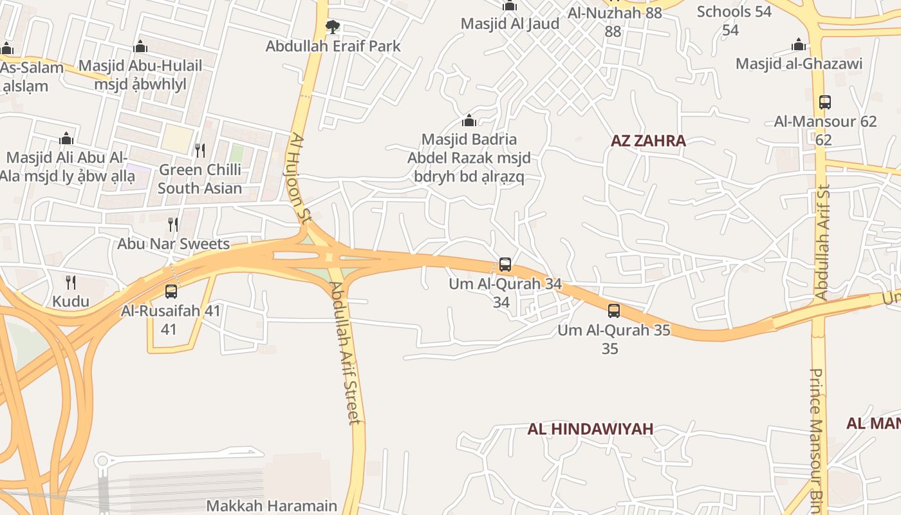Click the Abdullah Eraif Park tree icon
[x=332, y=27]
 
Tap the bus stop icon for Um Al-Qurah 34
[x=505, y=265]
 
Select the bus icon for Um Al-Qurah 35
[x=614, y=311]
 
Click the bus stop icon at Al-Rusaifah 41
[x=171, y=292]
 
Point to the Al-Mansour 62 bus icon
[x=825, y=102]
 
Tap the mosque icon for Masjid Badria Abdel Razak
[x=469, y=120]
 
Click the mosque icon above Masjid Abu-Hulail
[x=140, y=47]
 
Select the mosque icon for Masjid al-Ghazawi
[x=799, y=44]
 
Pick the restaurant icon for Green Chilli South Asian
[x=200, y=151]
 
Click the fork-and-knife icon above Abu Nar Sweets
[x=173, y=225]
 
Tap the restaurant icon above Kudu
[x=71, y=282]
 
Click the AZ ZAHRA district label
[x=648, y=141]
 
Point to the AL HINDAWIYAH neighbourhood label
[x=590, y=429]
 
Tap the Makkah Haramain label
[x=272, y=506]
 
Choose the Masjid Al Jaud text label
[x=510, y=24]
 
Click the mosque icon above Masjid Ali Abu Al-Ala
[x=66, y=138]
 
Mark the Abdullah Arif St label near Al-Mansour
[x=822, y=242]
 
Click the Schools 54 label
[x=734, y=12]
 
